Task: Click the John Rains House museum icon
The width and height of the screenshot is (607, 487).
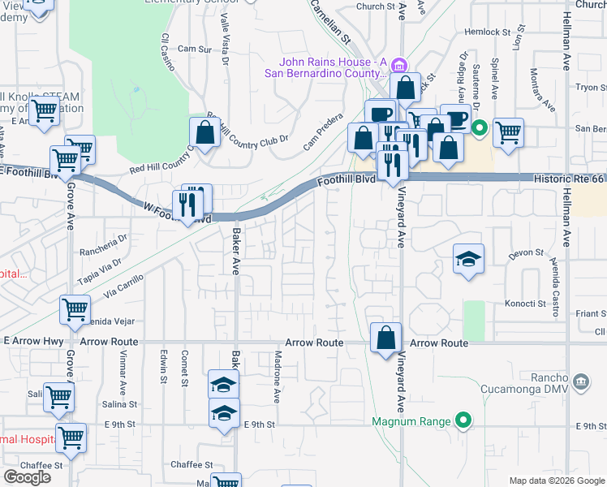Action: click(x=398, y=65)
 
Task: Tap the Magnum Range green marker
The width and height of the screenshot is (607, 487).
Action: click(x=463, y=420)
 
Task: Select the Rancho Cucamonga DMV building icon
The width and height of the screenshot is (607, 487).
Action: click(x=580, y=381)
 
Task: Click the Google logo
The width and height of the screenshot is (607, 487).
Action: click(x=27, y=477)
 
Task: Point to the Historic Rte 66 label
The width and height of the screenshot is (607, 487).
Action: click(x=569, y=177)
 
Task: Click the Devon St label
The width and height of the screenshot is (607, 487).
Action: click(x=525, y=253)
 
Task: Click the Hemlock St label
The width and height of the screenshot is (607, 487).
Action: click(x=486, y=32)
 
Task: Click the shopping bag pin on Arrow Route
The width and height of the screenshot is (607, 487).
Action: click(x=386, y=337)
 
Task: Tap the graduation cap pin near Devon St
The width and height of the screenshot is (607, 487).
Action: click(x=468, y=259)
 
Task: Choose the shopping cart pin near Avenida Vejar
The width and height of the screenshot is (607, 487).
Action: click(x=74, y=310)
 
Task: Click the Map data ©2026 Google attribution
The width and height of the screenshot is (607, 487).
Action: click(x=557, y=481)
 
